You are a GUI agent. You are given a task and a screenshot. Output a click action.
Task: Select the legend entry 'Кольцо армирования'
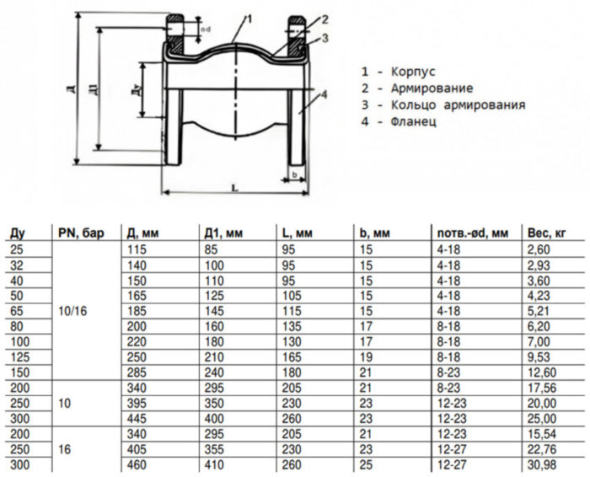458,105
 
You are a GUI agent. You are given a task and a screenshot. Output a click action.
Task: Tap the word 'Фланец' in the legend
413,122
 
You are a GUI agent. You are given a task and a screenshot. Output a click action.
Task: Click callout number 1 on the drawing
250,18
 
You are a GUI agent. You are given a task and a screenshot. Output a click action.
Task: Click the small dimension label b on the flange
294,174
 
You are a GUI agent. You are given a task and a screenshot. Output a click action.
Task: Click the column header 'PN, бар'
81,233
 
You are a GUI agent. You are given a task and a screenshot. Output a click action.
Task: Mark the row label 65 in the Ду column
15,311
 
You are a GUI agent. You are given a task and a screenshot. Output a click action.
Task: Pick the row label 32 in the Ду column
15,265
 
